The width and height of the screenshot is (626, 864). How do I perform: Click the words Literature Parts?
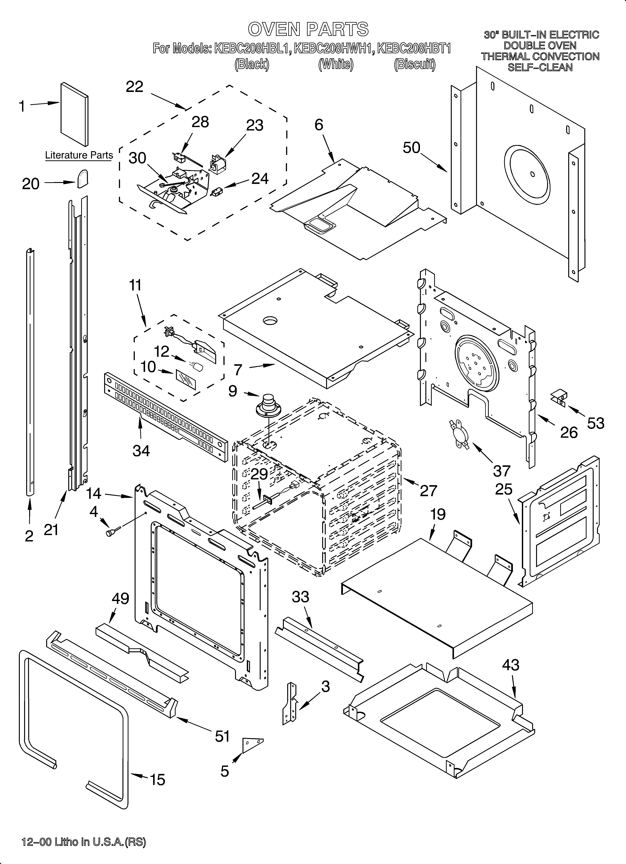(x=79, y=155)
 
